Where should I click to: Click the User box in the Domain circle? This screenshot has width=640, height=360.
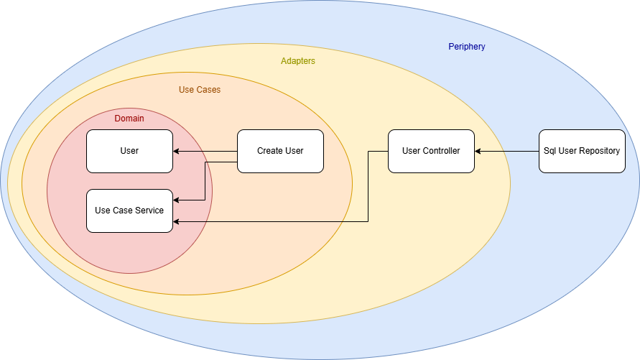point(129,151)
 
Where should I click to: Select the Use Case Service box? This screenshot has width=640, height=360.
point(129,211)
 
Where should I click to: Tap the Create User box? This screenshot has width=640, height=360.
point(280,151)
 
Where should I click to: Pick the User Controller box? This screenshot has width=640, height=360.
point(431,151)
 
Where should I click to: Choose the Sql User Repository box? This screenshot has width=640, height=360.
point(582,151)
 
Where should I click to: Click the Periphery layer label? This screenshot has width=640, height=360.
point(467,47)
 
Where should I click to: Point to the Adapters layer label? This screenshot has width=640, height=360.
point(298,61)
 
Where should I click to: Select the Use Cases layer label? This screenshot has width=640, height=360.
point(200,90)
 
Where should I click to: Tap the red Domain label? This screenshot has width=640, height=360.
point(129,118)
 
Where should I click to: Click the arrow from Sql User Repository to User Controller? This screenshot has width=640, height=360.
point(506,151)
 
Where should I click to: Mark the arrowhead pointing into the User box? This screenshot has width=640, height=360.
point(177,151)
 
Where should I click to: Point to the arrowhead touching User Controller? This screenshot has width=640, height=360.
point(478,151)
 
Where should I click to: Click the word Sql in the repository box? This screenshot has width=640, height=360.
point(550,151)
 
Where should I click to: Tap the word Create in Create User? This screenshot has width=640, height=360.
point(270,151)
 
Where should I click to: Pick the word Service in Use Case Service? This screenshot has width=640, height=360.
point(149,211)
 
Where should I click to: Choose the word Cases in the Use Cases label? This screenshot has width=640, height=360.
point(209,90)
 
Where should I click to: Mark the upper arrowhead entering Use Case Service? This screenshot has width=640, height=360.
point(177,200)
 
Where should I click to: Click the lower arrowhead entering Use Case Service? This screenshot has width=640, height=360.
point(177,221)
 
